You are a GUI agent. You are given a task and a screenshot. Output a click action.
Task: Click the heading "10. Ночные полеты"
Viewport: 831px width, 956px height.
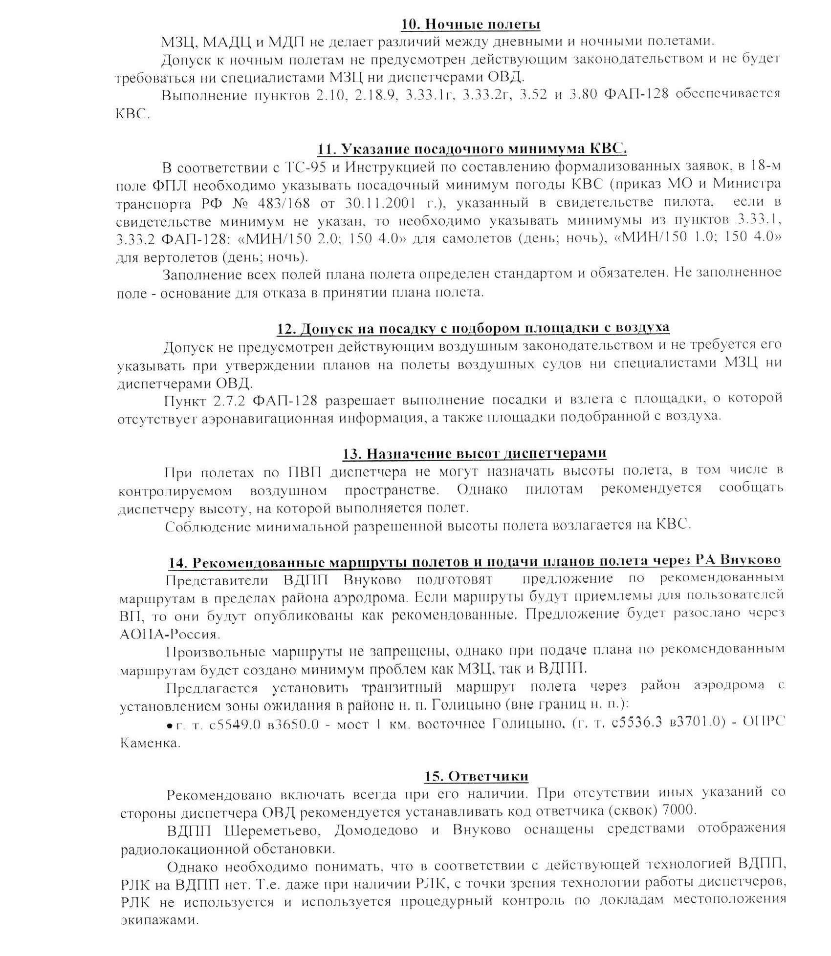click(471, 24)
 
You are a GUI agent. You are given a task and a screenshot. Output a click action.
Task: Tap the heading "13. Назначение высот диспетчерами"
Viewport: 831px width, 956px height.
click(474, 453)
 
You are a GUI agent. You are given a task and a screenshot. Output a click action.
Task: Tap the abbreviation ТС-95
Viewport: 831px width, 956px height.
click(304, 167)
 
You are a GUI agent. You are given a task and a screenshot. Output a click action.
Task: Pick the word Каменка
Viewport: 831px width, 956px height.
click(149, 744)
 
